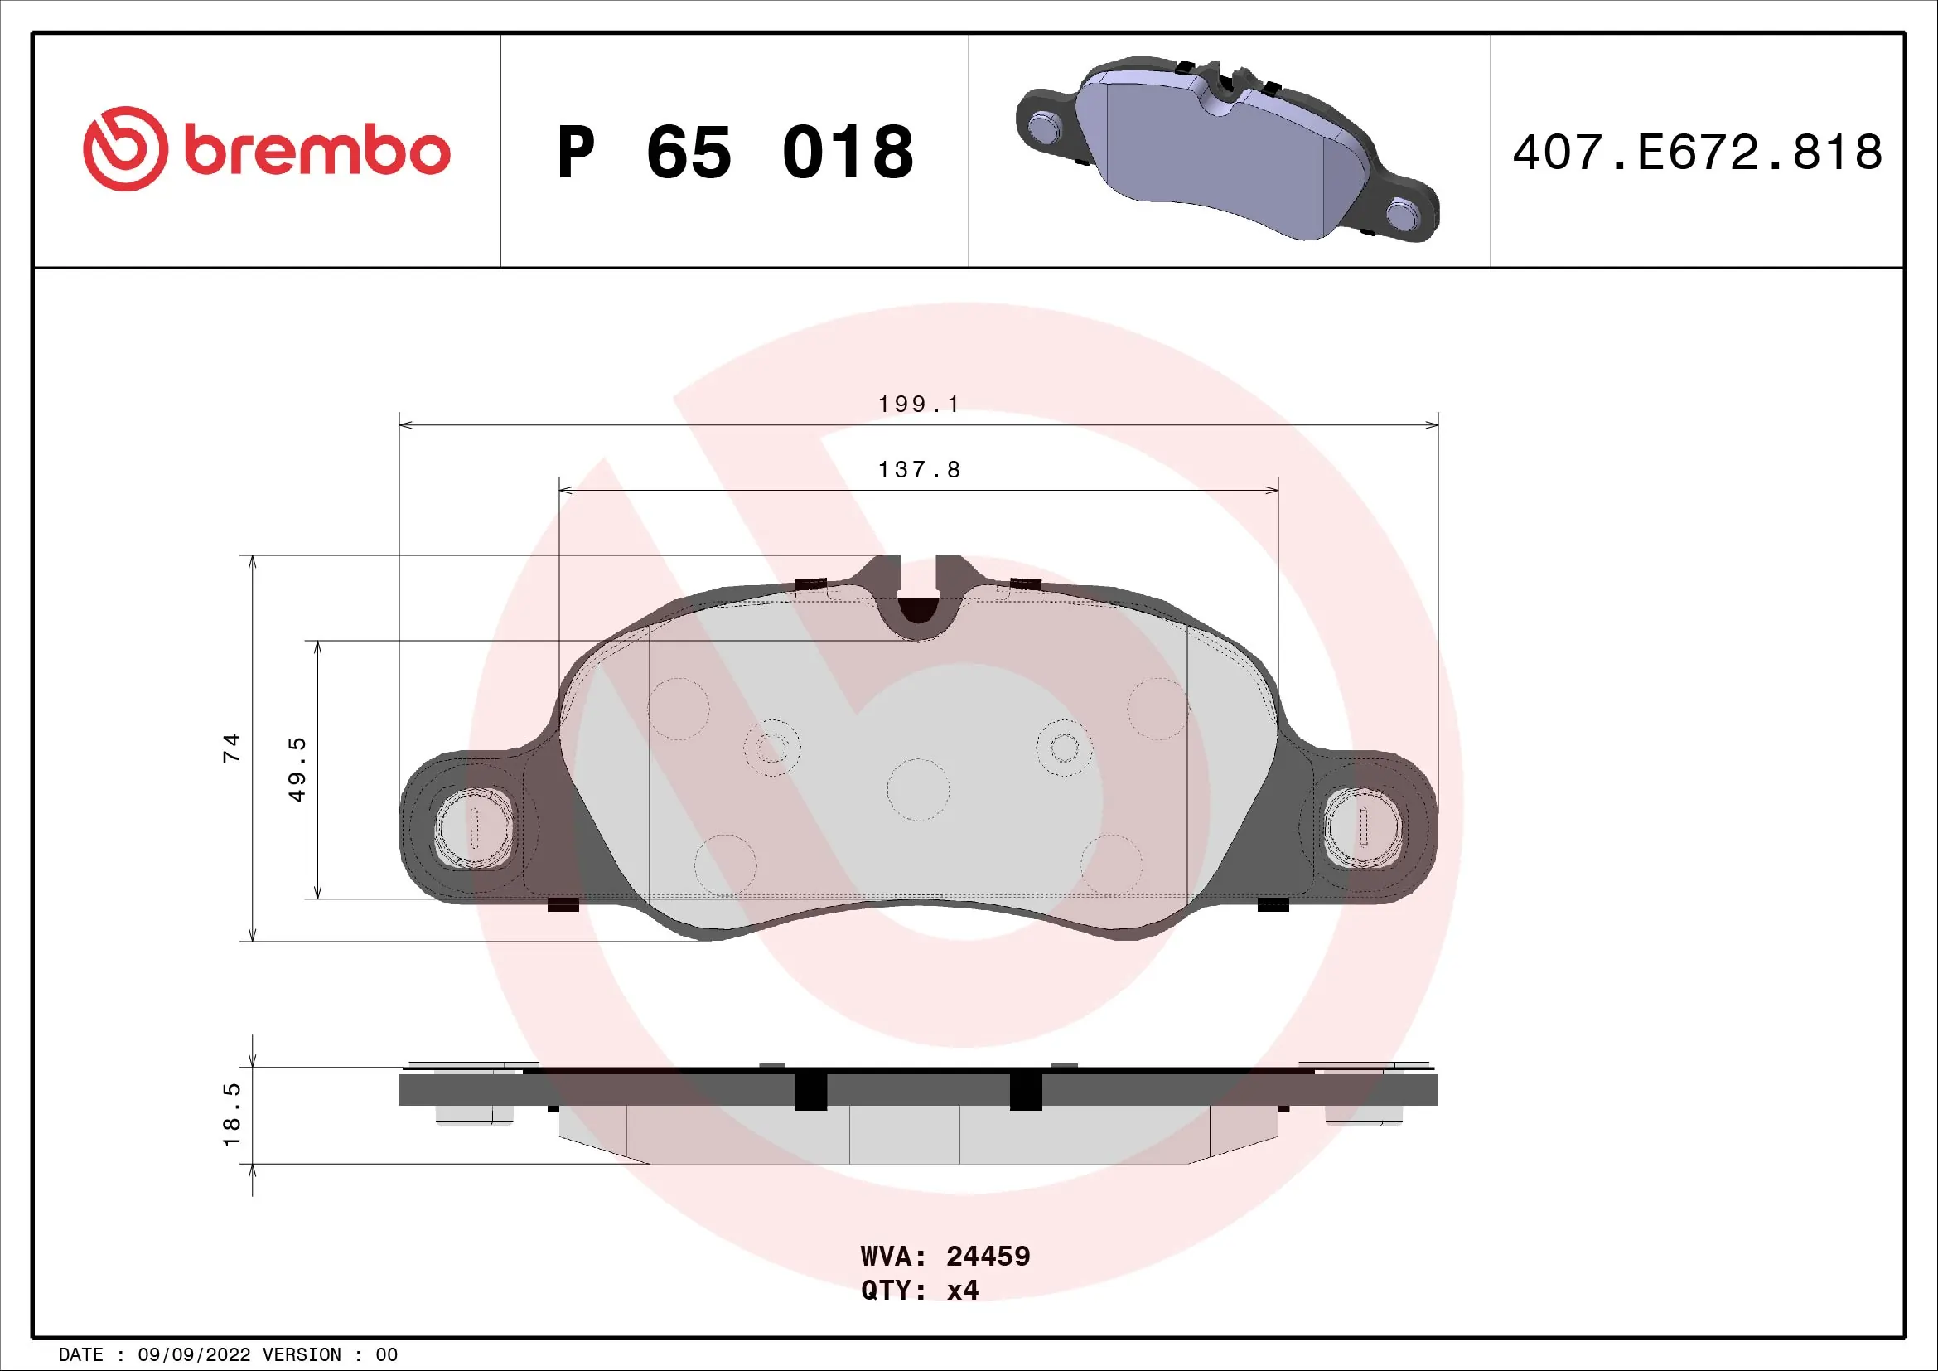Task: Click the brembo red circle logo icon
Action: (x=125, y=148)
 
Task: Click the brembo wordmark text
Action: (x=317, y=152)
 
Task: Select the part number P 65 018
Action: (x=734, y=153)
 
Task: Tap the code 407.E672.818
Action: (x=1697, y=153)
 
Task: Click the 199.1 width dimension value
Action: (x=918, y=405)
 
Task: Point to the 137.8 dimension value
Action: (x=918, y=469)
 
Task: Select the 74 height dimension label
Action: (x=231, y=748)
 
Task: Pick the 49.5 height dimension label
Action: (x=297, y=769)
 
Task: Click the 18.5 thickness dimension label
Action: (x=231, y=1114)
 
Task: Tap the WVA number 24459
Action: (x=988, y=1256)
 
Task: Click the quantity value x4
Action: (x=962, y=1291)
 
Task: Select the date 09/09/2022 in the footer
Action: (x=194, y=1355)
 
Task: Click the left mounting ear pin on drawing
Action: (x=474, y=828)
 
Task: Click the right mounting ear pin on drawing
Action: (x=1363, y=828)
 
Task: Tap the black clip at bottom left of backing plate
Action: (x=563, y=905)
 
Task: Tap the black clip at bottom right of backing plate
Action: (x=1273, y=905)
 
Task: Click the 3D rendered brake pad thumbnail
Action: (x=1228, y=149)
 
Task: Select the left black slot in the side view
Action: (x=810, y=1092)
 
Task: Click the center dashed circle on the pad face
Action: (x=918, y=790)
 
